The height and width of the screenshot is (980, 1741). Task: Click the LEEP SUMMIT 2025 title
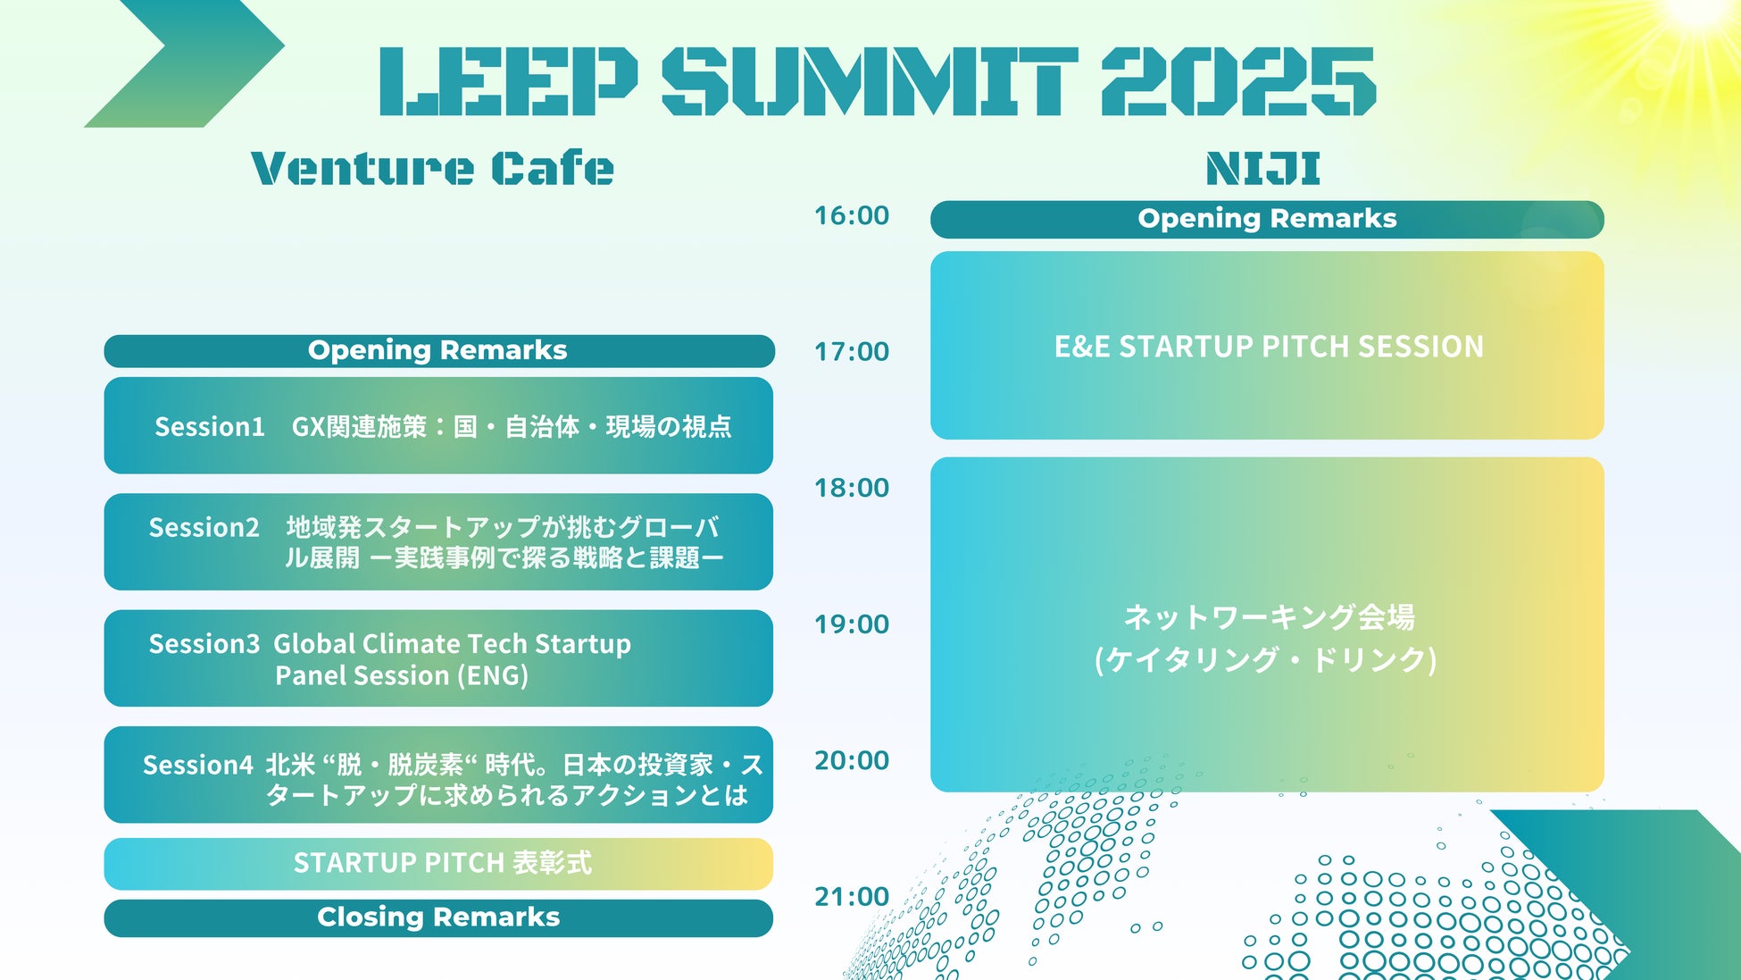tap(878, 81)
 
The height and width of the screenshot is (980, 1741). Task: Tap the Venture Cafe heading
tap(433, 168)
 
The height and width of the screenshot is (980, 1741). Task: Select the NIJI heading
tap(1263, 168)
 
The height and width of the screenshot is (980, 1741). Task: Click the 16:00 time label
tap(852, 215)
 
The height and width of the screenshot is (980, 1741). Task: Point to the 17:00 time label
tap(852, 352)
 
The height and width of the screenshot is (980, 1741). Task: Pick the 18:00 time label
tap(852, 488)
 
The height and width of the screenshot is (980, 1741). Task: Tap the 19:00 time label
tap(852, 624)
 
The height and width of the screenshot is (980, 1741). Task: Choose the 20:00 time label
tap(852, 760)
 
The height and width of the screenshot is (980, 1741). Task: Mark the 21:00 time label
tap(852, 897)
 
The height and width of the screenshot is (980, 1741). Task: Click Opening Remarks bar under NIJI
tap(1267, 220)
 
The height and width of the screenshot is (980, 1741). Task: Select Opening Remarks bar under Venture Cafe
tap(439, 351)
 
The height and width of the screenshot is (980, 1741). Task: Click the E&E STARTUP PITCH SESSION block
tap(1267, 346)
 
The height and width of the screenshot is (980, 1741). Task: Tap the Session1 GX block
tap(438, 425)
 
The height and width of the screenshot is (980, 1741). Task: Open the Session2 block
tap(438, 541)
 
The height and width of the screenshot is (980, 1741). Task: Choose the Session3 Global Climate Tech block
tap(438, 658)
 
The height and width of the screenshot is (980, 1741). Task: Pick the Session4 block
tap(438, 775)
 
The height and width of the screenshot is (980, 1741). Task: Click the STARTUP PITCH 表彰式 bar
tap(438, 864)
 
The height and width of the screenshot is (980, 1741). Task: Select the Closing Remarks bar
tap(438, 918)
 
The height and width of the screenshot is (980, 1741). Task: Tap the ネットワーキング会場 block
tap(1267, 624)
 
